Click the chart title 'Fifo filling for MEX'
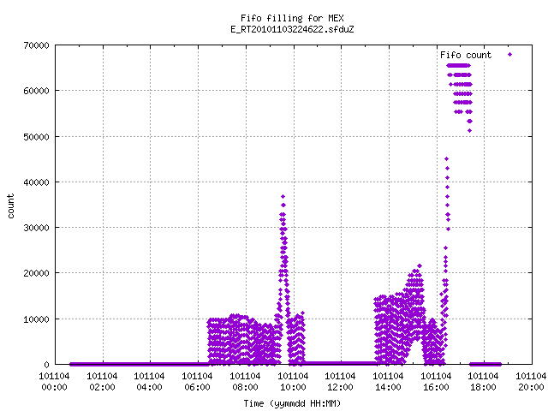pyautogui.click(x=292, y=18)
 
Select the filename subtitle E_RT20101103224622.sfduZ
pyautogui.click(x=292, y=29)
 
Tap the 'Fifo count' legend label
pyautogui.click(x=466, y=55)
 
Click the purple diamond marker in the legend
pyautogui.click(x=510, y=54)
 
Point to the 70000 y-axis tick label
pyautogui.click(x=36, y=45)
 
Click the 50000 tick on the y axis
pyautogui.click(x=36, y=137)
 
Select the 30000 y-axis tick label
pyautogui.click(x=36, y=228)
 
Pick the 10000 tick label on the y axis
pyautogui.click(x=36, y=319)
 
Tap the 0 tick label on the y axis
pyautogui.click(x=46, y=365)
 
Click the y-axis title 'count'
pyautogui.click(x=11, y=206)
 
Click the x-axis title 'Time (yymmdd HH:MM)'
pyautogui.click(x=292, y=403)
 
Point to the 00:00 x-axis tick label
pyautogui.click(x=54, y=388)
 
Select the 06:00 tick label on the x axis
pyautogui.click(x=197, y=388)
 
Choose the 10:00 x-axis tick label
pyautogui.click(x=293, y=388)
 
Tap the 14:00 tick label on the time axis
pyautogui.click(x=388, y=388)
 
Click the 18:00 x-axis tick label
pyautogui.click(x=483, y=388)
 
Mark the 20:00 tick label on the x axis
pyautogui.click(x=531, y=388)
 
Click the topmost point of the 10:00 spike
pyautogui.click(x=283, y=196)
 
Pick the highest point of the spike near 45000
pyautogui.click(x=446, y=159)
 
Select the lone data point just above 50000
pyautogui.click(x=470, y=131)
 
